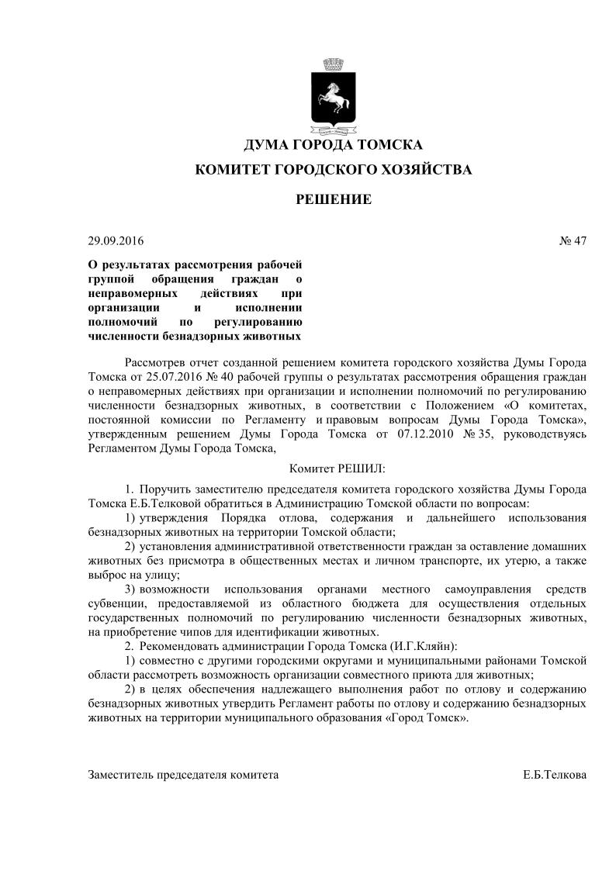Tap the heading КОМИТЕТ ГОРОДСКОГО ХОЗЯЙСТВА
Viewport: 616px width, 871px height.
pos(333,169)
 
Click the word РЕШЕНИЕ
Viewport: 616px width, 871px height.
pos(334,199)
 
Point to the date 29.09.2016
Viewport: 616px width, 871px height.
pos(116,240)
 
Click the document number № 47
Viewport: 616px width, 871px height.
pos(573,240)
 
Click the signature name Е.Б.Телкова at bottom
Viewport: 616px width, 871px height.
pos(555,775)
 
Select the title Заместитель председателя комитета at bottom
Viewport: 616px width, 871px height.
pos(184,775)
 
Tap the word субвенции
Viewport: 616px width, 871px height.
pos(116,603)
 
